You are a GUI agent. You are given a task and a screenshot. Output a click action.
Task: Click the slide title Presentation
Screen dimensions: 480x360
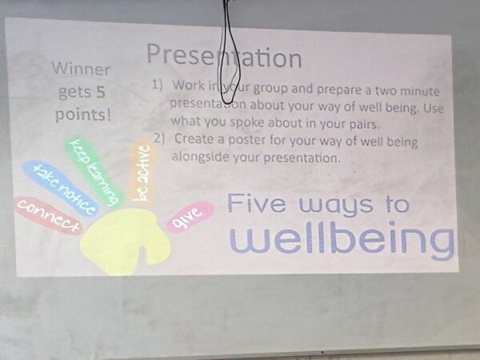pyautogui.click(x=224, y=56)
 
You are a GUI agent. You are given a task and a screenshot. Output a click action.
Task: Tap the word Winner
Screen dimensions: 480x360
pyautogui.click(x=81, y=69)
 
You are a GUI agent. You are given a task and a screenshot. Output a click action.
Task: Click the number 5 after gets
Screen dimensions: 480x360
pyautogui.click(x=100, y=91)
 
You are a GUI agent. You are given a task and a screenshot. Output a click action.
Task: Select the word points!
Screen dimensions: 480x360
pyautogui.click(x=82, y=114)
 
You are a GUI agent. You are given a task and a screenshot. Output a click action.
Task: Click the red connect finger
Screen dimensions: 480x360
pyautogui.click(x=49, y=215)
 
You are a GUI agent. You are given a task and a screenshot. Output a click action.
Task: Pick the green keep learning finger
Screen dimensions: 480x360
pyautogui.click(x=94, y=171)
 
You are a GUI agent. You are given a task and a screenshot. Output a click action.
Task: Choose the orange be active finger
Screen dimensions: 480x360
pyautogui.click(x=142, y=171)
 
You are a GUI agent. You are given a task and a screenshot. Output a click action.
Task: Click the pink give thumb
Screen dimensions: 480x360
pyautogui.click(x=190, y=216)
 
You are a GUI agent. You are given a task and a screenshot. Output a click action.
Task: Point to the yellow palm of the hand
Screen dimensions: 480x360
pyautogui.click(x=122, y=238)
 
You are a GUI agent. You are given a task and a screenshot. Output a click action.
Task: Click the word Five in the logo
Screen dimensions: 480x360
pyautogui.click(x=257, y=203)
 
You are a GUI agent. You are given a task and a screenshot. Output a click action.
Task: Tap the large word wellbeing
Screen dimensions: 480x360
pyautogui.click(x=342, y=238)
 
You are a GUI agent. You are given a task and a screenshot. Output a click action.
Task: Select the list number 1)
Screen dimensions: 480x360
pyautogui.click(x=157, y=85)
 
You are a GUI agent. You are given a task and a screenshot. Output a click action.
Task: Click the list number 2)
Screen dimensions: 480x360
pyautogui.click(x=159, y=138)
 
